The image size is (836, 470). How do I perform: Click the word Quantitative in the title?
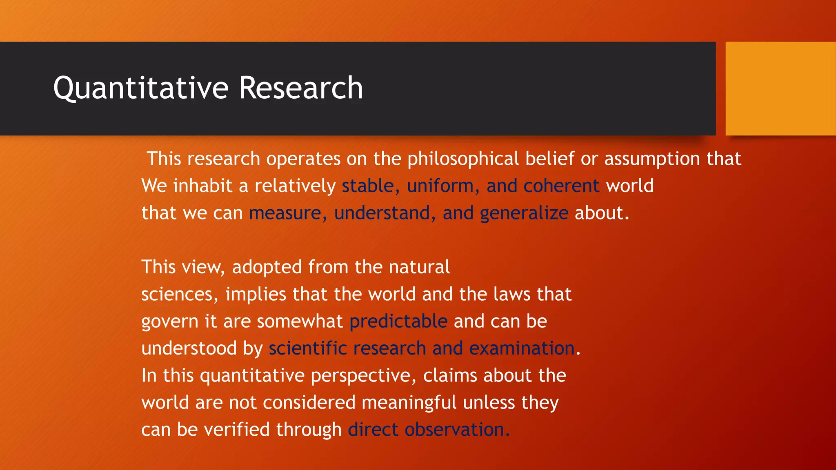pos(141,88)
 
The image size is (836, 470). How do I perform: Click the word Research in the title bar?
pos(301,88)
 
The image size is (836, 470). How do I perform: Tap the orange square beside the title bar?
pos(780,89)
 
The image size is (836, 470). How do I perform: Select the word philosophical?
pos(463,159)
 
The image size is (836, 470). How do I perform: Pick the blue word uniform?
pos(440,186)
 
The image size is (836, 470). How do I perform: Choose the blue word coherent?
pos(561,186)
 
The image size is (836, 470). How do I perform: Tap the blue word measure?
pos(285,213)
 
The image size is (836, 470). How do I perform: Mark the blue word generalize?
pos(524,213)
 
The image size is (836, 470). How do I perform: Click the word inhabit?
pos(203,186)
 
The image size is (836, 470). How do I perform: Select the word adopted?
pos(267,267)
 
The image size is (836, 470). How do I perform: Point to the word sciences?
pos(177,295)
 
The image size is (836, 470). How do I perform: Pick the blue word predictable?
pos(398,321)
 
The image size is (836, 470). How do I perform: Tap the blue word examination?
pos(522,349)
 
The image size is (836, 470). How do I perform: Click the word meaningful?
pos(409,403)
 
